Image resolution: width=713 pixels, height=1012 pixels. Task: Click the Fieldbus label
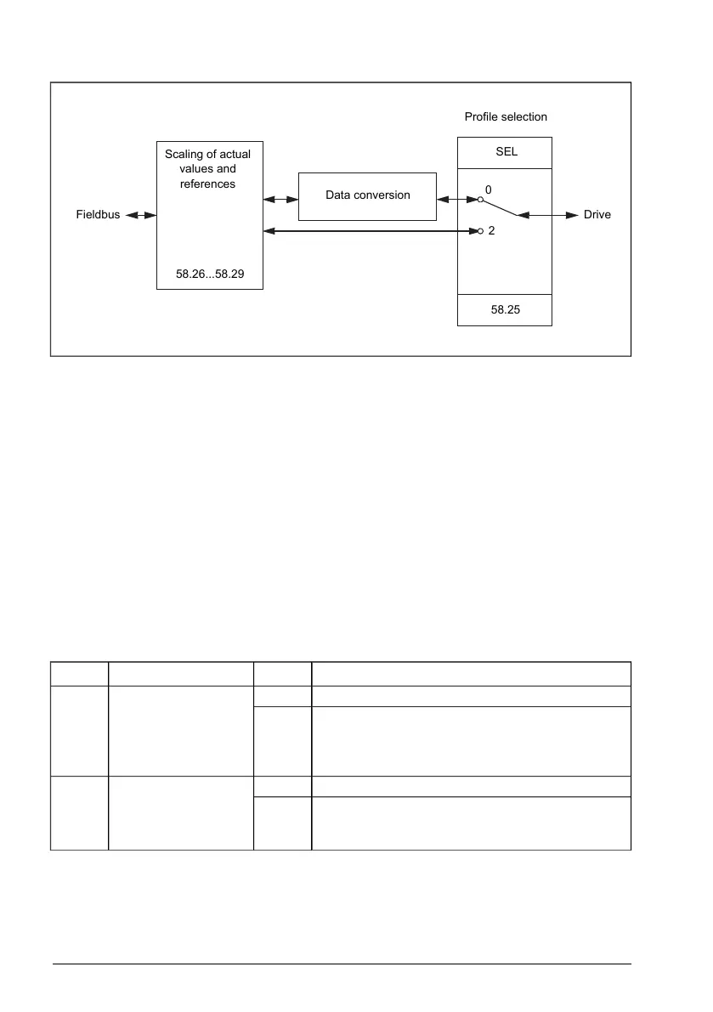[x=99, y=216]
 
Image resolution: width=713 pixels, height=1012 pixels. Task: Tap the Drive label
[x=597, y=216]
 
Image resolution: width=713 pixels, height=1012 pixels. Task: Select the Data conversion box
[x=367, y=196]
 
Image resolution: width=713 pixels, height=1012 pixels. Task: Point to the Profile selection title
[x=506, y=116]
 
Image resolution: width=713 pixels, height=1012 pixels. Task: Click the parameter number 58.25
[x=505, y=310]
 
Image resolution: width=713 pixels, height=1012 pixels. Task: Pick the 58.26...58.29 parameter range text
[x=210, y=274]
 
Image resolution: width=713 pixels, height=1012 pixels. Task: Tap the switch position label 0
[x=489, y=189]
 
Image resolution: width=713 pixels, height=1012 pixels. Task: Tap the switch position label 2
[x=491, y=231]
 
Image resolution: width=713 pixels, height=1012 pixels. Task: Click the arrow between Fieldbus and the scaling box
[x=141, y=216]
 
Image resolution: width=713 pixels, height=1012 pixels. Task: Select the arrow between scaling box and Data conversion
[x=280, y=199]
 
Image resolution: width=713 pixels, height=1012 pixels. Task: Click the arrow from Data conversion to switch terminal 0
[x=456, y=199]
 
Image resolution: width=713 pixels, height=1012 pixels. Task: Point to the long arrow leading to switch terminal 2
[x=371, y=230]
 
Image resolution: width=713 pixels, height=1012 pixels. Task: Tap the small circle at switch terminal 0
[x=480, y=200]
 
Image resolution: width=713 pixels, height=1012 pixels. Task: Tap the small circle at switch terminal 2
[x=480, y=230]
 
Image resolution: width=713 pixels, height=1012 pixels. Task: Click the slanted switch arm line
[x=500, y=207]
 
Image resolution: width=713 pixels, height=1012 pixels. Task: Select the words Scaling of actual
[x=208, y=155]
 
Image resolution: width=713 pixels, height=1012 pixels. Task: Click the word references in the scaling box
[x=208, y=184]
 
